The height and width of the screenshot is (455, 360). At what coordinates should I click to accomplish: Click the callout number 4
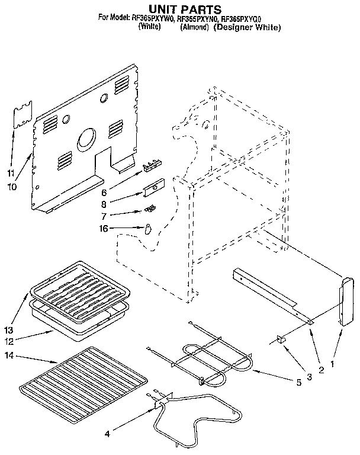tap(107, 434)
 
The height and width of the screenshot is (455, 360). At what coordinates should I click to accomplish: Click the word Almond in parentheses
tap(195, 28)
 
